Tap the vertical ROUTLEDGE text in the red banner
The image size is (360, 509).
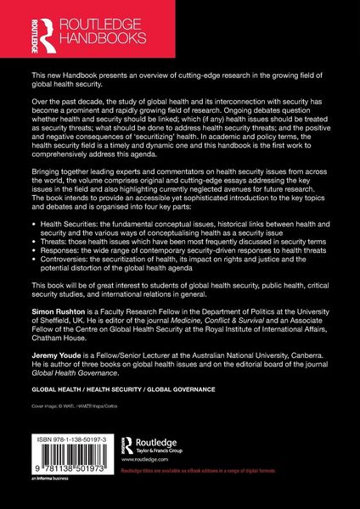[14, 30]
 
